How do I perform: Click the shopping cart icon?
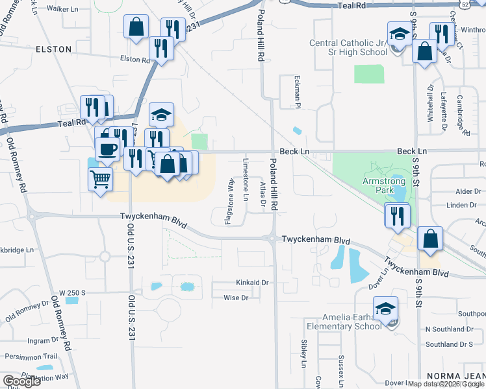pyautogui.click(x=99, y=178)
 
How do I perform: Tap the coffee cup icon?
pyautogui.click(x=107, y=148)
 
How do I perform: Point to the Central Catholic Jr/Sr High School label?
pyautogui.click(x=348, y=47)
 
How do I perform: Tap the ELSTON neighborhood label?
pyautogui.click(x=53, y=49)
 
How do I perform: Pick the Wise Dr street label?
pyautogui.click(x=236, y=298)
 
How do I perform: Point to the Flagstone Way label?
pyautogui.click(x=229, y=202)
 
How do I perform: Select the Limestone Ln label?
pyautogui.click(x=246, y=178)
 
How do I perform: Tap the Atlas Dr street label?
pyautogui.click(x=263, y=194)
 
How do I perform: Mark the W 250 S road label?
pyautogui.click(x=72, y=293)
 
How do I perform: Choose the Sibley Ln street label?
pyautogui.click(x=303, y=353)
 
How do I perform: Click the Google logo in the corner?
pyautogui.click(x=21, y=381)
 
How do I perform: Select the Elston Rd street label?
pyautogui.click(x=134, y=59)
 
